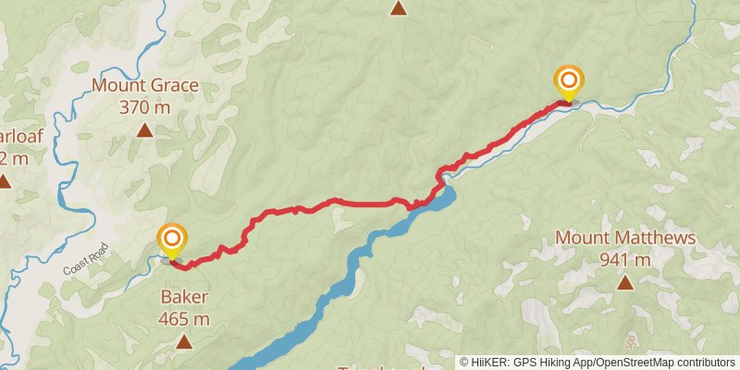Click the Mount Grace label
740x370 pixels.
(x=145, y=87)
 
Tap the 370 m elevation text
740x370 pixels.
(x=145, y=106)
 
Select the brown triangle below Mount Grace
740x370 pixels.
(x=145, y=129)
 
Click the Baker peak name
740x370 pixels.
(x=184, y=297)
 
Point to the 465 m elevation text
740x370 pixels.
(x=184, y=319)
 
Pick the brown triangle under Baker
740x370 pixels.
(x=184, y=342)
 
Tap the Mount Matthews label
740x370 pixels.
(x=625, y=238)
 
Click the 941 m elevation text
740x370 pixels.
(x=625, y=259)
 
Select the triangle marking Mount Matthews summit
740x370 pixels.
(x=625, y=282)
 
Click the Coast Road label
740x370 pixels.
(x=86, y=258)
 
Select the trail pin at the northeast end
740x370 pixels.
(x=568, y=81)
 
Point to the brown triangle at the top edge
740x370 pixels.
(x=398, y=8)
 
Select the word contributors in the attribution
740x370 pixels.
(x=705, y=363)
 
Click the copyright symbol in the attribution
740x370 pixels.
(x=464, y=363)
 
